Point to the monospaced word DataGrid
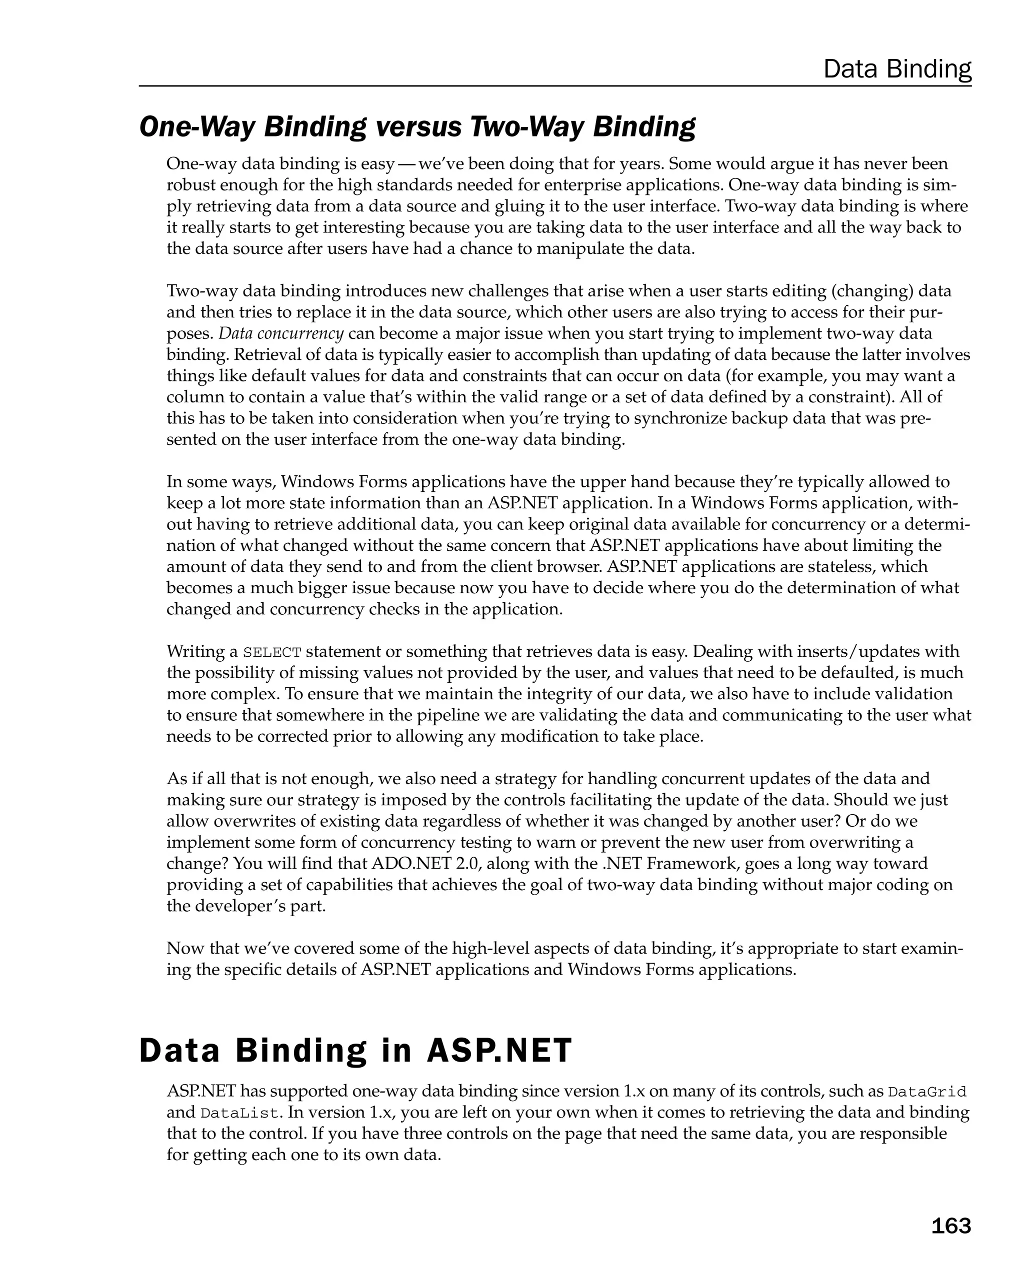click(927, 1092)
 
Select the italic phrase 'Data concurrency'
click(280, 333)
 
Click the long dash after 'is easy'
click(407, 164)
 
